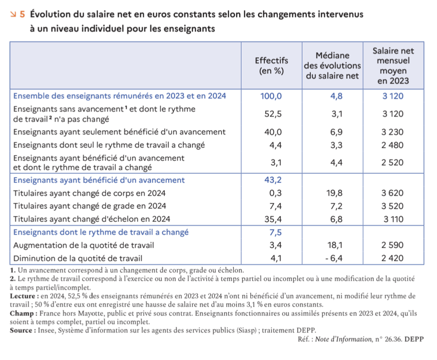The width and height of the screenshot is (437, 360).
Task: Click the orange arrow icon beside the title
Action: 13,14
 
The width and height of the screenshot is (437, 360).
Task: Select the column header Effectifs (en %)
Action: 271,65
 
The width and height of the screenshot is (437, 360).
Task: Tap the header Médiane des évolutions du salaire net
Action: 332,65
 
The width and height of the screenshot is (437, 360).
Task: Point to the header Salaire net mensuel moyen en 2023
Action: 393,66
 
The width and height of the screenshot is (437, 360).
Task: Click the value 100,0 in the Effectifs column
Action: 271,96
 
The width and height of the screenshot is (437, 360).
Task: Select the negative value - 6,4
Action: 334,258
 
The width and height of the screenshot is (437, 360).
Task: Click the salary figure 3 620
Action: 392,193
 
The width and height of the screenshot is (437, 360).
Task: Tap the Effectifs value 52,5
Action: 273,114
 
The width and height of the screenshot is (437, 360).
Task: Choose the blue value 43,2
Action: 273,180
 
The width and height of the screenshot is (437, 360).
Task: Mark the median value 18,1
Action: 335,245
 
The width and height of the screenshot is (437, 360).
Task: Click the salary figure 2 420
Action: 392,258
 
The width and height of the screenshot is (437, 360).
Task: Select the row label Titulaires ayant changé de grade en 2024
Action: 89,206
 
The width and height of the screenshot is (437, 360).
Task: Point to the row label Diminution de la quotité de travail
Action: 78,259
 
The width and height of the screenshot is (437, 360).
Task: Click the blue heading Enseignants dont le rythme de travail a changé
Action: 101,232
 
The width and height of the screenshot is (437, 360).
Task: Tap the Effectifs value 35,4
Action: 273,219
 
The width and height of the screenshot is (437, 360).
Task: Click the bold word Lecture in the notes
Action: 23,296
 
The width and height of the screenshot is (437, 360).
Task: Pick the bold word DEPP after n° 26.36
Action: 414,339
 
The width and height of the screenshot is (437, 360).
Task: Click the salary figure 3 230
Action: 392,132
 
